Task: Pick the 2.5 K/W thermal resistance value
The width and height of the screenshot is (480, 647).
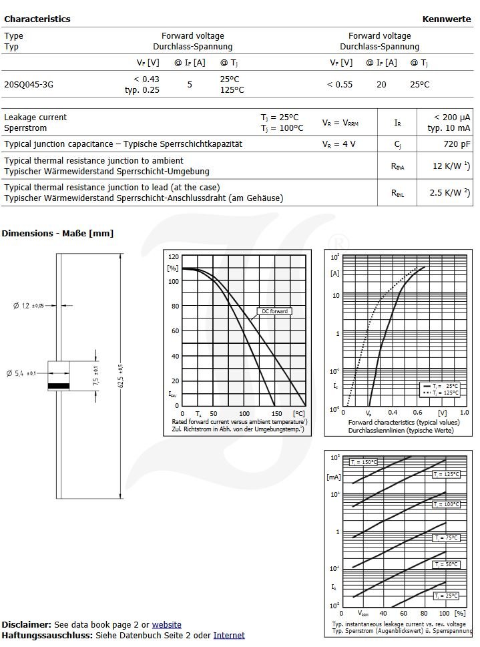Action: pyautogui.click(x=449, y=192)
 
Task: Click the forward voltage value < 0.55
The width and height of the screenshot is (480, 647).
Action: pyautogui.click(x=339, y=85)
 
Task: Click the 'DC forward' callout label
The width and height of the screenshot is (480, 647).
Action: pyautogui.click(x=274, y=311)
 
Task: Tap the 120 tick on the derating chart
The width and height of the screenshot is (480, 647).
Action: pyautogui.click(x=174, y=257)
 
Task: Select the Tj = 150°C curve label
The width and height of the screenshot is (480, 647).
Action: pyautogui.click(x=363, y=462)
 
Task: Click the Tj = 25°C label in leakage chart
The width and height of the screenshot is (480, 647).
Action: pyautogui.click(x=446, y=596)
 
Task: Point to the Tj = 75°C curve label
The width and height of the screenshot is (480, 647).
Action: pyautogui.click(x=446, y=537)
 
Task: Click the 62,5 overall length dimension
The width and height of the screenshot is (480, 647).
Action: pyautogui.click(x=120, y=375)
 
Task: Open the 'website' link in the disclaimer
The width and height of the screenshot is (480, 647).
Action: pyautogui.click(x=166, y=625)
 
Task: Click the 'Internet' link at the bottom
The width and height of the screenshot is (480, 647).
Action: pyautogui.click(x=229, y=636)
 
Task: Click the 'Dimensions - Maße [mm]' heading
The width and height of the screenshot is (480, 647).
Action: pyautogui.click(x=57, y=233)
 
